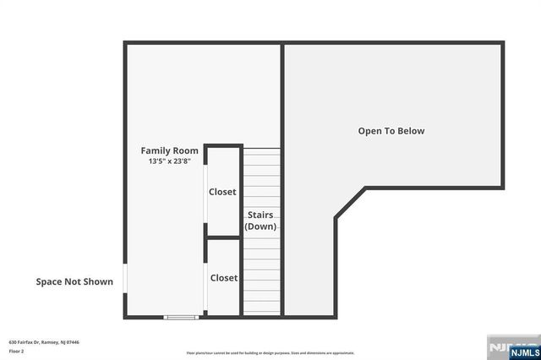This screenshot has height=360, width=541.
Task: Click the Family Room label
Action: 170,150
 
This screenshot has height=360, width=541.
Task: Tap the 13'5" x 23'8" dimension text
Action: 170,161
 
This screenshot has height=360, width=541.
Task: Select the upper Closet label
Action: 223,192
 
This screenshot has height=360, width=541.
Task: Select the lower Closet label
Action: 224,277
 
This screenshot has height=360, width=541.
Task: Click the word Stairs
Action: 260,215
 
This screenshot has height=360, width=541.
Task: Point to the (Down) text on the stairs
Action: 260,226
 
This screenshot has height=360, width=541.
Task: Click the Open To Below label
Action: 391,131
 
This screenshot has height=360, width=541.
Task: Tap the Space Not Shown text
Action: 74,282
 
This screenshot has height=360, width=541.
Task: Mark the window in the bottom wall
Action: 181,317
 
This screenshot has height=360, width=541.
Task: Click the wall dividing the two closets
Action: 224,237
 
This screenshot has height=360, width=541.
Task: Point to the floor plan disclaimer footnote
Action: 270,353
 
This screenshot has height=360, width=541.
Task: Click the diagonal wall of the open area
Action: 350,203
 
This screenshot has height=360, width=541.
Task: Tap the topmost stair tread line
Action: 262,150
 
